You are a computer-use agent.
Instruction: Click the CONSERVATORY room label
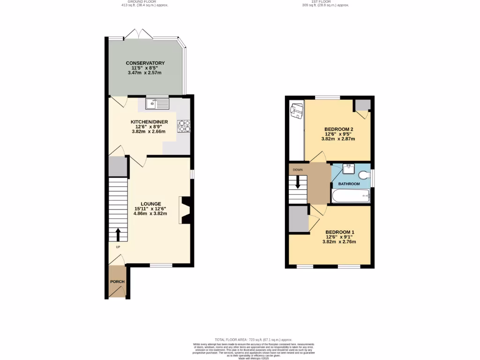(145, 63)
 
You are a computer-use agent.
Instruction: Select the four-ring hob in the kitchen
(184, 126)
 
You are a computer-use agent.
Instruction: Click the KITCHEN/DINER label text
(148, 122)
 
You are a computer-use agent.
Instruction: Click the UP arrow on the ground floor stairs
(117, 233)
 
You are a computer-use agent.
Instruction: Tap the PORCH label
(117, 282)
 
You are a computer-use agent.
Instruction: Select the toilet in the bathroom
(364, 175)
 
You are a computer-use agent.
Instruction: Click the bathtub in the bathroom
(351, 196)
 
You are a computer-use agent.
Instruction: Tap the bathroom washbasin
(348, 168)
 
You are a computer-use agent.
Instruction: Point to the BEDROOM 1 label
(340, 232)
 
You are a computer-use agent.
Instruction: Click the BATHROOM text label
(349, 184)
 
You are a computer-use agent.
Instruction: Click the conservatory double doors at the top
(137, 34)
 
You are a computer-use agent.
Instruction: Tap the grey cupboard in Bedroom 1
(298, 219)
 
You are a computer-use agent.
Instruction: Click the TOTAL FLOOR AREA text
(253, 339)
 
